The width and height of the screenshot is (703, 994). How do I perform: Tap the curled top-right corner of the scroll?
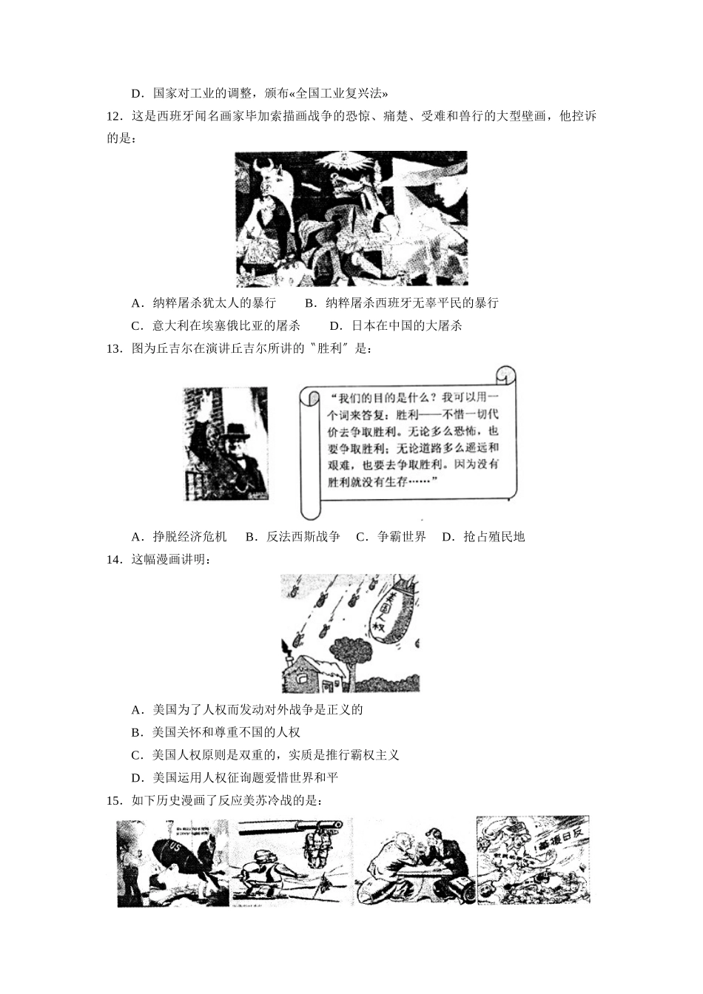tap(506, 375)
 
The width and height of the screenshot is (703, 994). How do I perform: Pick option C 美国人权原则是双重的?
tap(265, 755)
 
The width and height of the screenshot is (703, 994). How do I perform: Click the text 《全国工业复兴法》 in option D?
tap(339, 94)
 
